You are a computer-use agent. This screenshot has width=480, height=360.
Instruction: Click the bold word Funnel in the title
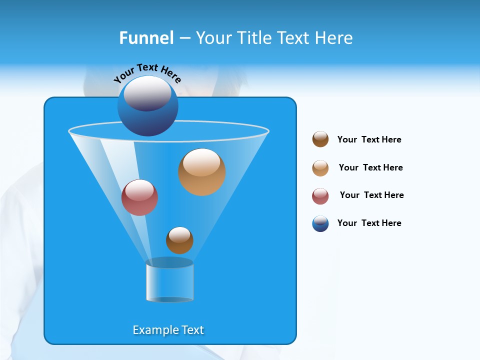[146, 38]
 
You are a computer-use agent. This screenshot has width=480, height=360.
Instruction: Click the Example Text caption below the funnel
[168, 330]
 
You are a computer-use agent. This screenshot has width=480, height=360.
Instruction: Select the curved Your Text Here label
[147, 73]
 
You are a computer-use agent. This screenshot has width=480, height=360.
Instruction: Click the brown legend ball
[320, 139]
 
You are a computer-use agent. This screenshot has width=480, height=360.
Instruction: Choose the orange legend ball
[320, 168]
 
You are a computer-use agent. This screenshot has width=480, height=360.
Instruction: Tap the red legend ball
[320, 196]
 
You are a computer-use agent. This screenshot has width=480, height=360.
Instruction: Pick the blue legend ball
[320, 223]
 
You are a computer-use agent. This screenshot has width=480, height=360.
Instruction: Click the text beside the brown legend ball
[369, 139]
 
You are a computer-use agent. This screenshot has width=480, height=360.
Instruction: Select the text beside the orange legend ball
[370, 167]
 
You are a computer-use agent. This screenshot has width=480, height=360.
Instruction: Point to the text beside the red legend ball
[371, 195]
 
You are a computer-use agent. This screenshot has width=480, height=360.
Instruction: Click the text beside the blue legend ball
[369, 223]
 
